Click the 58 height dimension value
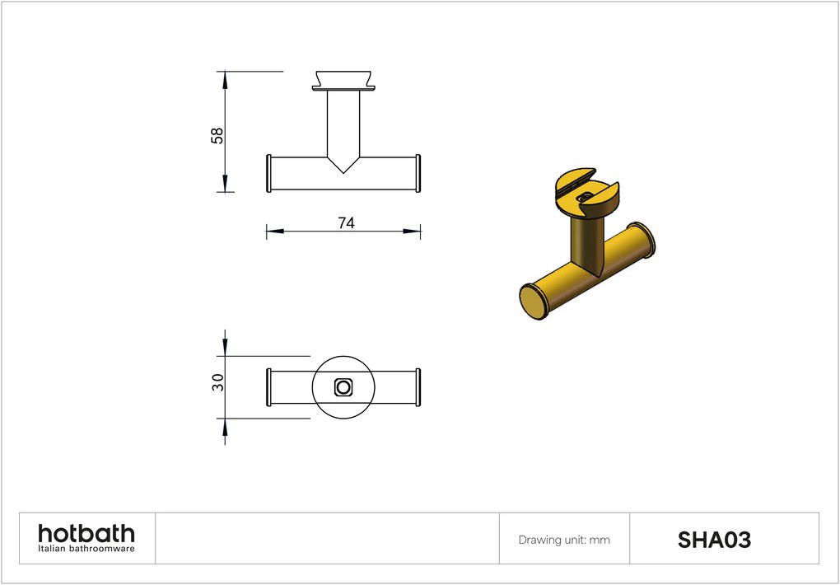pyautogui.click(x=217, y=136)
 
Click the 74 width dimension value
pyautogui.click(x=346, y=223)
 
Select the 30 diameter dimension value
pyautogui.click(x=217, y=382)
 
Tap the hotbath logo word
pyautogui.click(x=86, y=534)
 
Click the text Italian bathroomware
pyautogui.click(x=86, y=549)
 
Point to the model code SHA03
pyautogui.click(x=714, y=540)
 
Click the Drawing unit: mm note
pyautogui.click(x=564, y=540)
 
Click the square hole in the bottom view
pyautogui.click(x=343, y=387)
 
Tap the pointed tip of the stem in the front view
pyautogui.click(x=343, y=173)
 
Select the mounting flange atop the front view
pyautogui.click(x=343, y=81)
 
